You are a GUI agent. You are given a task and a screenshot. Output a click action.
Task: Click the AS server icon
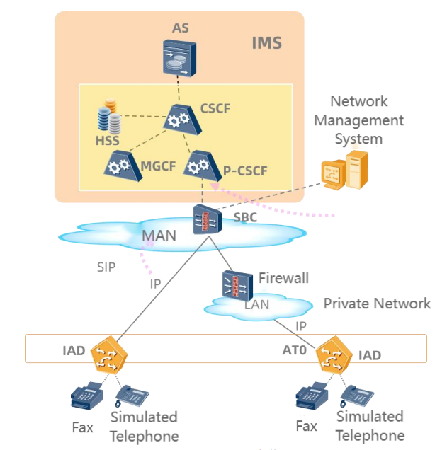[x=176, y=58]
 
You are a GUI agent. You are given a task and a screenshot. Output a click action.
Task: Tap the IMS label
[x=266, y=43]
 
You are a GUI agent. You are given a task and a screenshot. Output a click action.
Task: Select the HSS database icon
[x=108, y=117]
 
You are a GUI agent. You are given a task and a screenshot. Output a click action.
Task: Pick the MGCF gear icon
[x=119, y=164]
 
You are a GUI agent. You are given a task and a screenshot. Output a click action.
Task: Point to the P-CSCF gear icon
[x=198, y=164]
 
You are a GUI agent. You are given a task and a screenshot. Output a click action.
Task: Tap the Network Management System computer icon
[x=344, y=169]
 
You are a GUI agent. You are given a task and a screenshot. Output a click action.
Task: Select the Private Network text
[x=377, y=304]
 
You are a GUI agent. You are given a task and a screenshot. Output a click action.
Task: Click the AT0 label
[x=295, y=349]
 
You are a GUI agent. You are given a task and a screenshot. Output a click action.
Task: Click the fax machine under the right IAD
[x=311, y=398]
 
